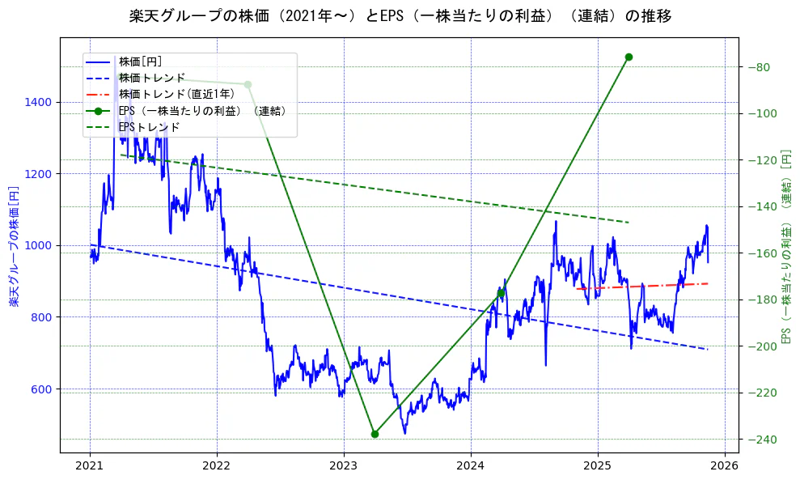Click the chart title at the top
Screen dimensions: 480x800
[x=400, y=16]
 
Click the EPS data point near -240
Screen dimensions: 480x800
[x=375, y=434]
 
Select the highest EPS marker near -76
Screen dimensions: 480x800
[x=629, y=57]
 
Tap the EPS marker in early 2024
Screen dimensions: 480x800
[x=502, y=293]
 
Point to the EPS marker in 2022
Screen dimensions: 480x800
[x=248, y=84]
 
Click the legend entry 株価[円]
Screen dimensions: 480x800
[x=141, y=62]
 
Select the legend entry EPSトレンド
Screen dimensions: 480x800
[x=149, y=127]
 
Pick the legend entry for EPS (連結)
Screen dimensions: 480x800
[x=202, y=111]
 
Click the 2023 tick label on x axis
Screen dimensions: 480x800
[x=344, y=466]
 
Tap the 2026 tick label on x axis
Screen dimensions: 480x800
[x=725, y=466]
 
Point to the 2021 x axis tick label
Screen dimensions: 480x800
[x=90, y=466]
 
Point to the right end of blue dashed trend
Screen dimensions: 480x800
[x=707, y=349]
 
